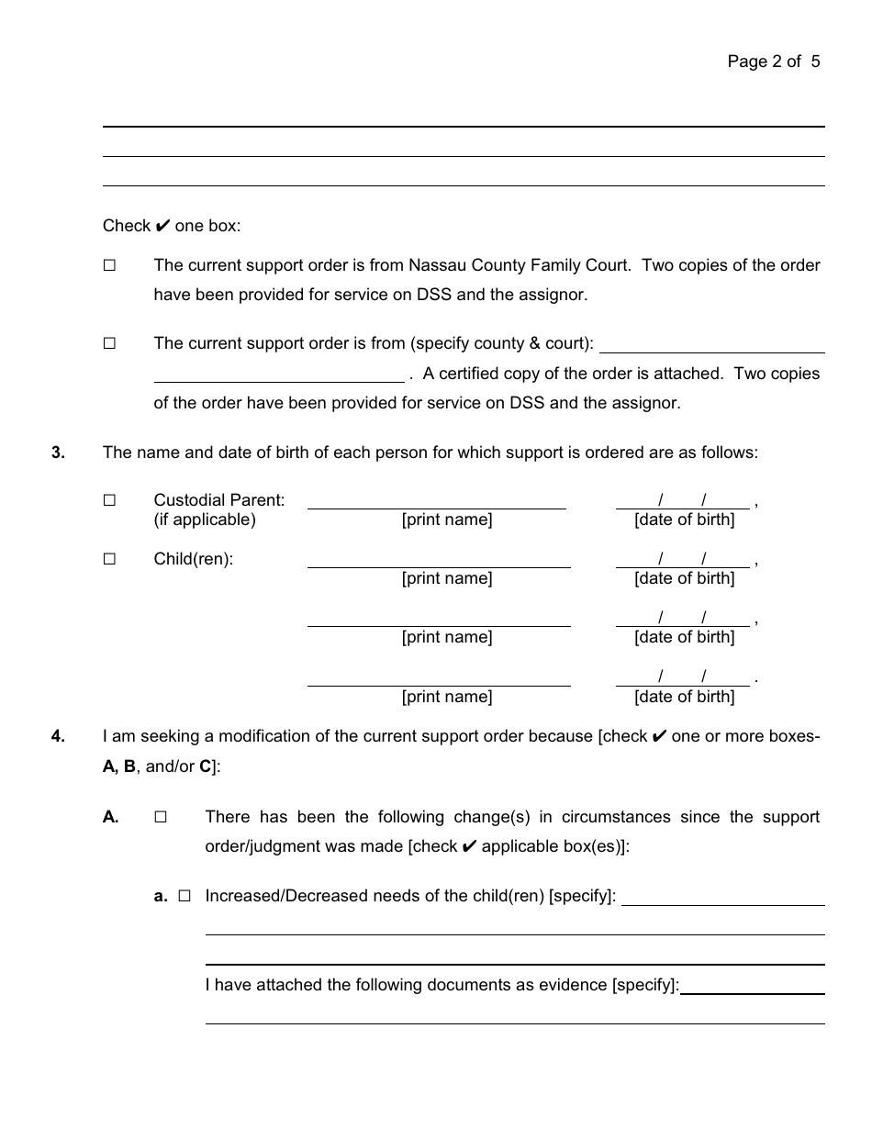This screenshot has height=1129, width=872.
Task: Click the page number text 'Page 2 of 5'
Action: coord(774,61)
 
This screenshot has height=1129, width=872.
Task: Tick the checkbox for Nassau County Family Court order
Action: coord(109,265)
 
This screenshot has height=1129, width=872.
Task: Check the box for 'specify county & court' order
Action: coord(109,343)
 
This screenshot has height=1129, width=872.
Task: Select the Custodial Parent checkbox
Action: coord(109,500)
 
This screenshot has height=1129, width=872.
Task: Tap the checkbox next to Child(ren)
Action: coord(109,559)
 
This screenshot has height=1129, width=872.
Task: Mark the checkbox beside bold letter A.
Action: coord(161,817)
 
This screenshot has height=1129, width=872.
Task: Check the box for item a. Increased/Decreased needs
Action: coord(184,896)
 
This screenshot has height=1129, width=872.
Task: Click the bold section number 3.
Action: coord(58,453)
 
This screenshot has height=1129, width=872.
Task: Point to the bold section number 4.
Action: coord(58,736)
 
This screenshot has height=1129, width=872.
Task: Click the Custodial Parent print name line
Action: coord(437,500)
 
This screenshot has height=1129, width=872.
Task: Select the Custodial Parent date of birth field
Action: coord(684,500)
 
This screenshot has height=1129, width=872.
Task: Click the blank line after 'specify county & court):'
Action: coord(712,345)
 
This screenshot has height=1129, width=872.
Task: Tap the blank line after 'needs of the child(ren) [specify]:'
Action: coord(723,897)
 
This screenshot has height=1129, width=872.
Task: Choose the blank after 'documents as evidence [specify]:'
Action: coord(753,986)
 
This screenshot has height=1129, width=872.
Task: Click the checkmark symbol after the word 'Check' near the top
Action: coord(163,226)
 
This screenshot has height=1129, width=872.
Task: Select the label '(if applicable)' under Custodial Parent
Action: coord(205,520)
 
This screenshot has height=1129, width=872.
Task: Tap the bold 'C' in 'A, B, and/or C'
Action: coord(205,766)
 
